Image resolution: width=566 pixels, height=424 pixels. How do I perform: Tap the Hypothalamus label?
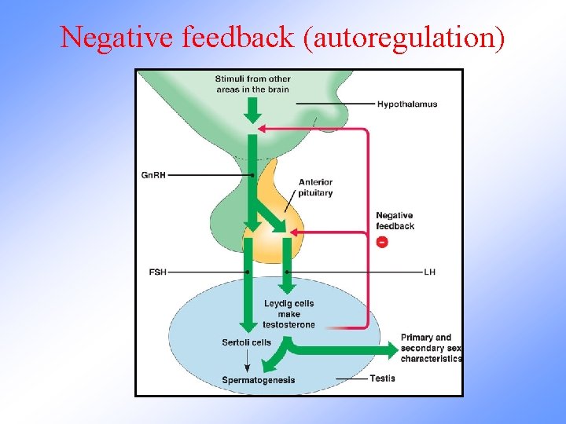tap(406, 104)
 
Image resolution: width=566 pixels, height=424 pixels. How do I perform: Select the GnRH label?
tap(154, 175)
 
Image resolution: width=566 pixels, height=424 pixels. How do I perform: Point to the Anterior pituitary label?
tap(315, 188)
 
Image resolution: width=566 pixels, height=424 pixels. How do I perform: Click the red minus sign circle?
tap(382, 242)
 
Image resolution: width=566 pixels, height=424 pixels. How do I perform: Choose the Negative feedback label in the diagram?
tap(395, 221)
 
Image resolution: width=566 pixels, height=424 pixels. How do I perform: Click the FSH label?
tap(157, 272)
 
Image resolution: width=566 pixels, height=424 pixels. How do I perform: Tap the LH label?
tap(429, 272)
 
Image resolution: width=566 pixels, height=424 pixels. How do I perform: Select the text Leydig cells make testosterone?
tap(289, 314)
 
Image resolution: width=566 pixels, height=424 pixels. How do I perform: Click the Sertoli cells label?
tap(247, 342)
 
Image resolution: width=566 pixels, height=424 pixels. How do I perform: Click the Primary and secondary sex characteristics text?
tap(431, 348)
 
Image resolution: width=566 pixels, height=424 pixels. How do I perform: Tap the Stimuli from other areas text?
tap(252, 84)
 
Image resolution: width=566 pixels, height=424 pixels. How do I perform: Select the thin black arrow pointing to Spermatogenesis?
tap(248, 361)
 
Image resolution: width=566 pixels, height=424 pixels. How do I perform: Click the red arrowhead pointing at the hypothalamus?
tap(263, 128)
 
